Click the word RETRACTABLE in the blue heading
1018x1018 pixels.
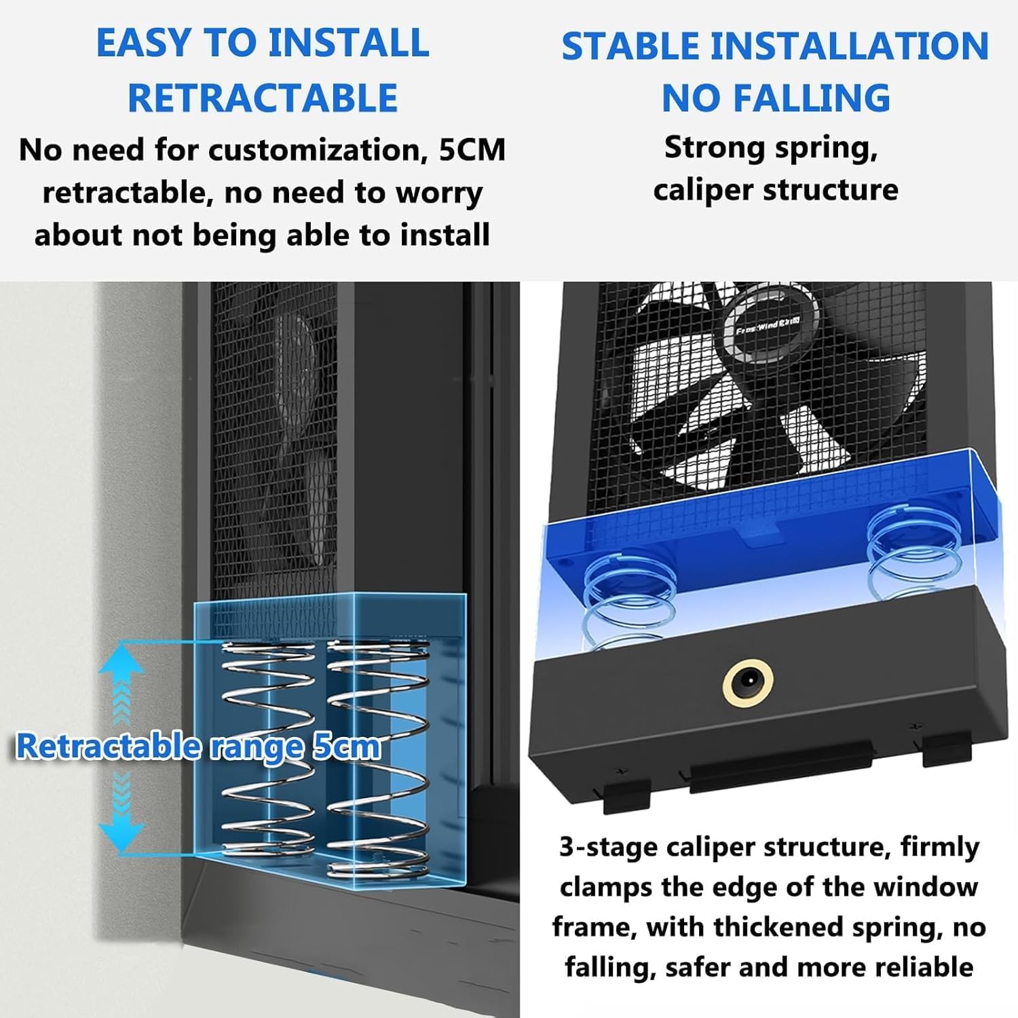(263, 98)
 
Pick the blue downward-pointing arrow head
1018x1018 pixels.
(121, 835)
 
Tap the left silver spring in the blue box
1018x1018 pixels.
(268, 747)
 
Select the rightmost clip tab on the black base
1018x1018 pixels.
(947, 747)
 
